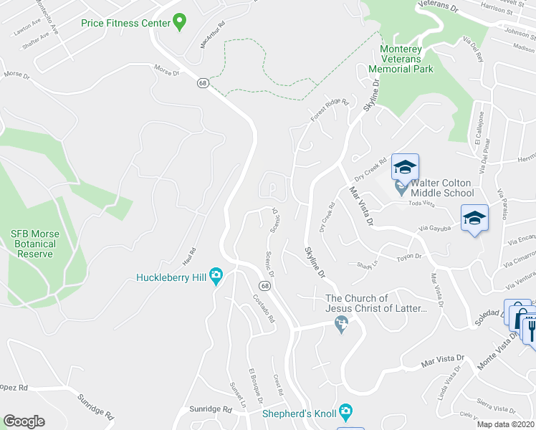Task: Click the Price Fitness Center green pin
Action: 180,22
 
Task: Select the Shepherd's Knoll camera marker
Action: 346,412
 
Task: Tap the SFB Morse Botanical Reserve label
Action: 35,244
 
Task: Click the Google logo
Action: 24,421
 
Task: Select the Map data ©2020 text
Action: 506,424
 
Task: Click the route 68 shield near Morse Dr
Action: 204,83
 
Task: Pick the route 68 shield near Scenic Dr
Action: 265,286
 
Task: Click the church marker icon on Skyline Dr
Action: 341,326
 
